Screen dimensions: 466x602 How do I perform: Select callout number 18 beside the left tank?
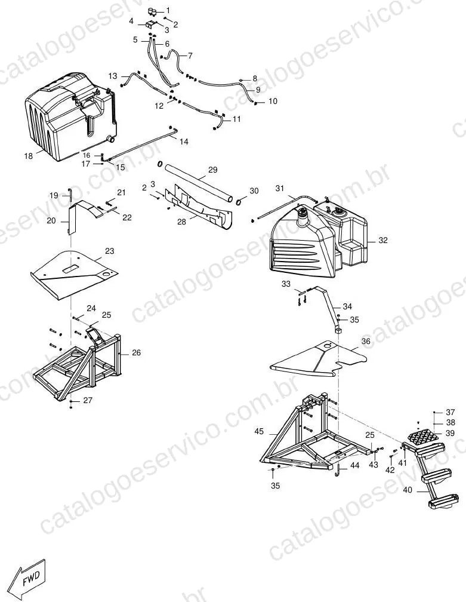point(29,156)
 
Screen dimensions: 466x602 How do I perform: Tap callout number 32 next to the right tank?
point(383,240)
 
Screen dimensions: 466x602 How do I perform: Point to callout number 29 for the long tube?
point(213,170)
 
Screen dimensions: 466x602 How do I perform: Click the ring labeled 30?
point(239,202)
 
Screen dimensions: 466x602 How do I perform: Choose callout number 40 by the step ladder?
point(408,490)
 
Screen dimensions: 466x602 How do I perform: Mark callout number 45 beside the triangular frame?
point(259,432)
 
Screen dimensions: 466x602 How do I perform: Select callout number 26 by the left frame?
point(136,352)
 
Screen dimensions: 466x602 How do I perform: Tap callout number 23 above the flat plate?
point(110,251)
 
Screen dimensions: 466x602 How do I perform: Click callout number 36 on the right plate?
point(366,342)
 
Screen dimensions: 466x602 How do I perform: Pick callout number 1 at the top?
point(168,11)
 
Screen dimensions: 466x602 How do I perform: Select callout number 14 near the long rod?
point(184,142)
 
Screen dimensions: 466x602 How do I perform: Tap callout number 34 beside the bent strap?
point(347,306)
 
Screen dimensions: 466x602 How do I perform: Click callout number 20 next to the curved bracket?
point(51,221)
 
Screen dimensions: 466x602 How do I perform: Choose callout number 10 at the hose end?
point(272,102)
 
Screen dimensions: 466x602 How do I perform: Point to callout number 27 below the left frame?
point(88,400)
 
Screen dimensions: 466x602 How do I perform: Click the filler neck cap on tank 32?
point(303,213)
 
